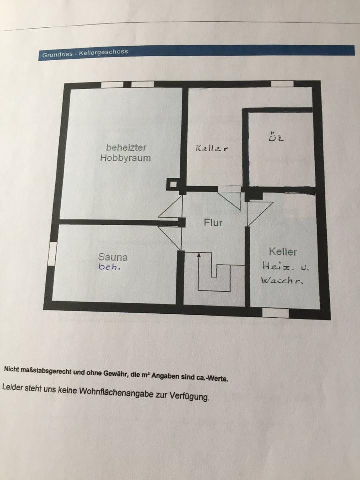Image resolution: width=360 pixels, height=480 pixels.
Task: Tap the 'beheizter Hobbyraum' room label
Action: tap(125, 153)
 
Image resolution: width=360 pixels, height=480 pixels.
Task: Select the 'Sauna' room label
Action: tap(113, 258)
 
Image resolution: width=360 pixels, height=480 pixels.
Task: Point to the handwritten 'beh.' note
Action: tap(110, 267)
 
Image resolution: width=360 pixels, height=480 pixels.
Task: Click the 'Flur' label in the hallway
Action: tap(213, 223)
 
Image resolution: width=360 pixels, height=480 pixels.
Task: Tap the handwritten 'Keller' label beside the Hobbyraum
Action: tap(212, 148)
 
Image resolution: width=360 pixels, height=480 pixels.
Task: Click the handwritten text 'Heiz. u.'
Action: tap(285, 267)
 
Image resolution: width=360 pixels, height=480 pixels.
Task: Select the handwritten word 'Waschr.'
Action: tap(282, 281)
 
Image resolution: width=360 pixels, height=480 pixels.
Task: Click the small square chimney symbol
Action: tap(172, 184)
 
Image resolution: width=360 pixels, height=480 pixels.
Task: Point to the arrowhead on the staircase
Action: tap(199, 256)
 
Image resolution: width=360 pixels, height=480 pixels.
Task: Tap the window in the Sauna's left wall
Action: tap(52, 253)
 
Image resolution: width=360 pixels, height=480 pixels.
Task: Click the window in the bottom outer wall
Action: tap(276, 313)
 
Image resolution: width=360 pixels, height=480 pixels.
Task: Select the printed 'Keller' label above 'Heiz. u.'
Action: tap(283, 252)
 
